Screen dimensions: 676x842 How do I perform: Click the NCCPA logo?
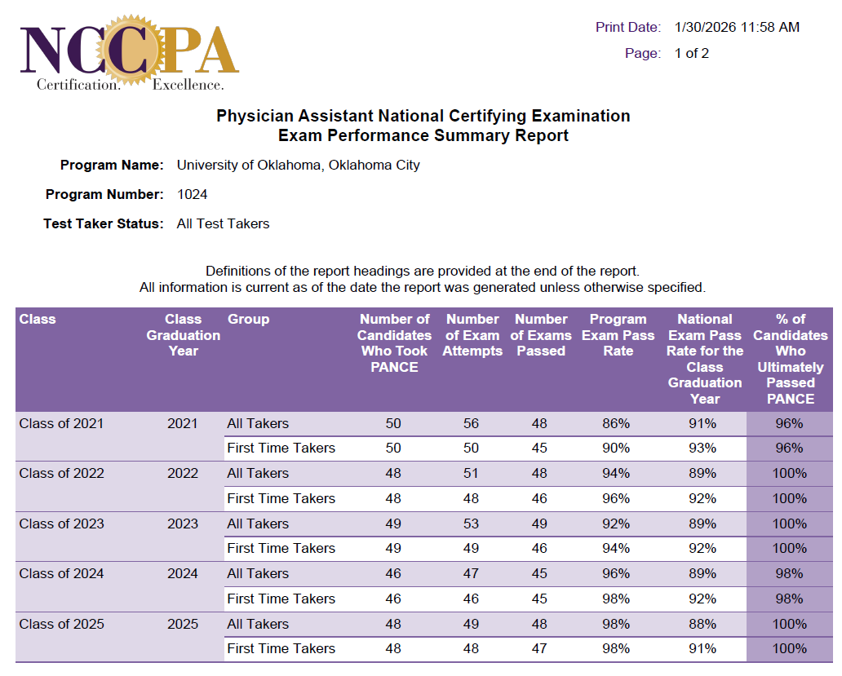(129, 52)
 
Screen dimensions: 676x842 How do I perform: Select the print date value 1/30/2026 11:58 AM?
(737, 27)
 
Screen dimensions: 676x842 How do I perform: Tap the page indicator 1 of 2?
(691, 53)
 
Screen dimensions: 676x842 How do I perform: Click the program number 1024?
(192, 194)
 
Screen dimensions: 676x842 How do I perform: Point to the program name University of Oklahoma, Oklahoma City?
(298, 165)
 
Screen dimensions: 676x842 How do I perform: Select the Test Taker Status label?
(104, 223)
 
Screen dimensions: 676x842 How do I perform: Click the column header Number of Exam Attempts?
(472, 335)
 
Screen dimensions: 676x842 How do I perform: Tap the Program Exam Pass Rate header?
(618, 335)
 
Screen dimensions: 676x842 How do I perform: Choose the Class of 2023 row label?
(62, 524)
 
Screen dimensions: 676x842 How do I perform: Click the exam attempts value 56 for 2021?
(471, 423)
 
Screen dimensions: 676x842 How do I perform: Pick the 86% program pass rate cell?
(616, 423)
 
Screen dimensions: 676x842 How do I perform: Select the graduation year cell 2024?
(183, 573)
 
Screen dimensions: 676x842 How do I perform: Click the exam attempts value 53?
(471, 524)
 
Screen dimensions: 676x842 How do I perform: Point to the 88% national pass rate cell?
(702, 624)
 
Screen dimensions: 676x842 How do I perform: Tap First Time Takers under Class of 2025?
(281, 648)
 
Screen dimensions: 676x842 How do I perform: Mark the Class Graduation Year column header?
(183, 335)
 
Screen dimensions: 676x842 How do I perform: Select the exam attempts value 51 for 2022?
(471, 473)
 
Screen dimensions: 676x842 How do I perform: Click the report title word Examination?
(580, 116)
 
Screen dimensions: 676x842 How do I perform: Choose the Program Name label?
(112, 165)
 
